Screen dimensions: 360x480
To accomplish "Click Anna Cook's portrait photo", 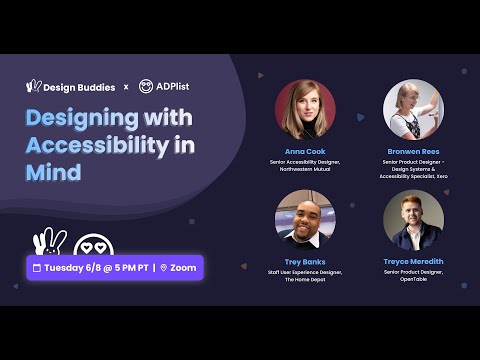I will point(305,110).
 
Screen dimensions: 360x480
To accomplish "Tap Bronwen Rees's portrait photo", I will point(413,110).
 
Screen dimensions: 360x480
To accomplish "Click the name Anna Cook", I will point(305,152).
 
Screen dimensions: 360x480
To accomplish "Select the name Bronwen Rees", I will point(413,152).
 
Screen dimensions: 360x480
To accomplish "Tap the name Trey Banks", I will point(305,261).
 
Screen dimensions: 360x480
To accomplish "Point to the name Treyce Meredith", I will point(413,261).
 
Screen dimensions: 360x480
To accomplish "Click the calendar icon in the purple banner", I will point(37,268).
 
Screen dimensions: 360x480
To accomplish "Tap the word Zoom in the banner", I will point(182,268).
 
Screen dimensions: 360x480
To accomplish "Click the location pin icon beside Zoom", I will point(164,268).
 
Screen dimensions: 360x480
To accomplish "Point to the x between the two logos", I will point(126,87).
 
